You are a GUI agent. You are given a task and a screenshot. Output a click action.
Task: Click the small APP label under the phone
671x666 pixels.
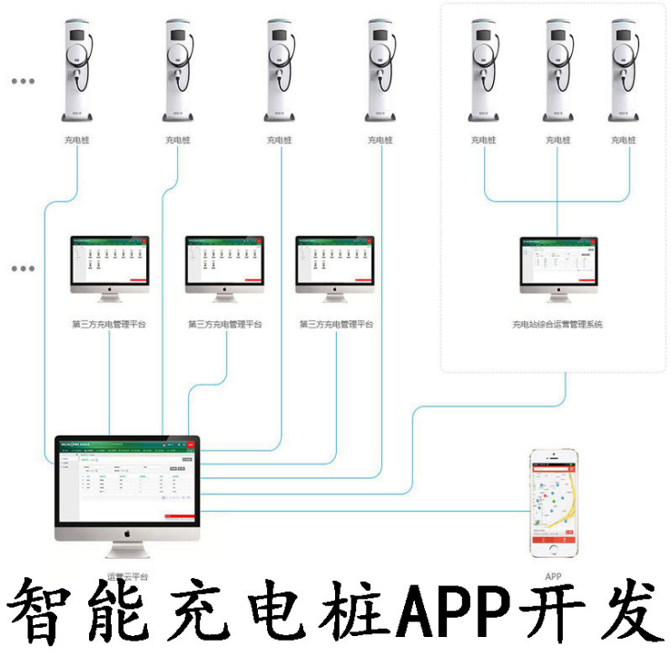553,575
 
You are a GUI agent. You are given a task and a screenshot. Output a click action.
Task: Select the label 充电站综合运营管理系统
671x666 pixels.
558,324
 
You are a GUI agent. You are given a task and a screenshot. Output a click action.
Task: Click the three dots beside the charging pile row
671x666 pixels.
23,81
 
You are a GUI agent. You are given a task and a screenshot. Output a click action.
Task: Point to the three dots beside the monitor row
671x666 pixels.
23,269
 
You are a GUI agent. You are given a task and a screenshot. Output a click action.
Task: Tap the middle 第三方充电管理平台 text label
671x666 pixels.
224,324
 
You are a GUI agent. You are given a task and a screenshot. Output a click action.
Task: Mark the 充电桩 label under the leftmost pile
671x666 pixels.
77,140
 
